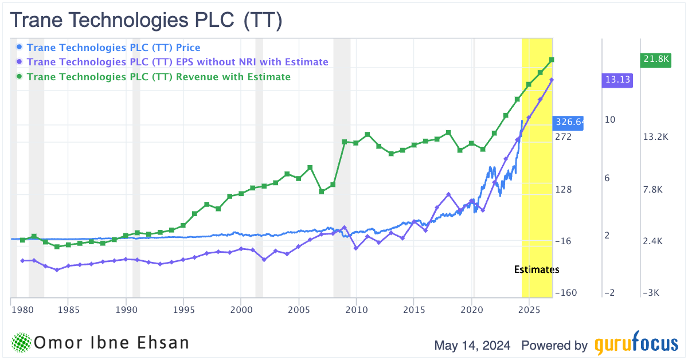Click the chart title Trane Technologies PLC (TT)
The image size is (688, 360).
tap(147, 21)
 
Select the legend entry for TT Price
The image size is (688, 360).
tap(113, 48)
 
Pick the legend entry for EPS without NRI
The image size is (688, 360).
tap(177, 62)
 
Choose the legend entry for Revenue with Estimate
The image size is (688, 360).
tap(158, 77)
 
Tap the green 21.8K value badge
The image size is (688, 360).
tap(655, 59)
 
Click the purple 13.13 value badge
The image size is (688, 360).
tap(616, 80)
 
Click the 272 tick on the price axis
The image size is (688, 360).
tap(564, 137)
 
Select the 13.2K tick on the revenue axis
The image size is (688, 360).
tap(656, 137)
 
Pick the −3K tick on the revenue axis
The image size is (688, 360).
tap(651, 293)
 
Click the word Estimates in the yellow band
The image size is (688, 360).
tap(536, 269)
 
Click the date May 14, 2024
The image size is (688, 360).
tap(474, 346)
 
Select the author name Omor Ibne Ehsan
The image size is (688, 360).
tap(112, 343)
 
